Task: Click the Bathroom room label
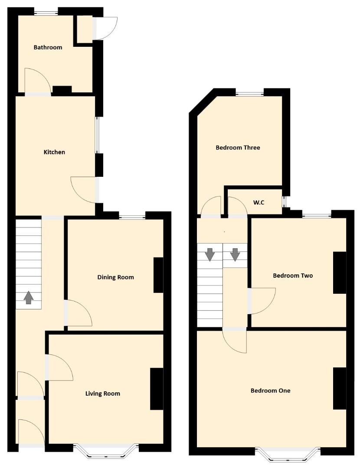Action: click(x=48, y=47)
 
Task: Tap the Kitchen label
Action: click(x=54, y=152)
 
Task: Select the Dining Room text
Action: click(x=116, y=277)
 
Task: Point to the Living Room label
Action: click(x=103, y=393)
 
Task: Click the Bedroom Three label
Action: click(x=238, y=147)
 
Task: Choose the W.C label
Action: click(x=259, y=202)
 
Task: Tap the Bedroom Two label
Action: click(x=293, y=276)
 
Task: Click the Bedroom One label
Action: click(x=270, y=391)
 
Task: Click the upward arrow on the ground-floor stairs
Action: click(x=28, y=298)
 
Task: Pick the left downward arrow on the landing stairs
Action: click(x=210, y=255)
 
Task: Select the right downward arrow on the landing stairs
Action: click(x=235, y=255)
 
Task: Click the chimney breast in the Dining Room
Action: click(x=158, y=275)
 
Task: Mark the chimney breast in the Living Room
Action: click(x=157, y=389)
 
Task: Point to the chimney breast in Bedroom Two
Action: click(x=340, y=273)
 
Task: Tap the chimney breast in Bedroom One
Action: click(x=340, y=388)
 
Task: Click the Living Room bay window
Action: click(x=106, y=451)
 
